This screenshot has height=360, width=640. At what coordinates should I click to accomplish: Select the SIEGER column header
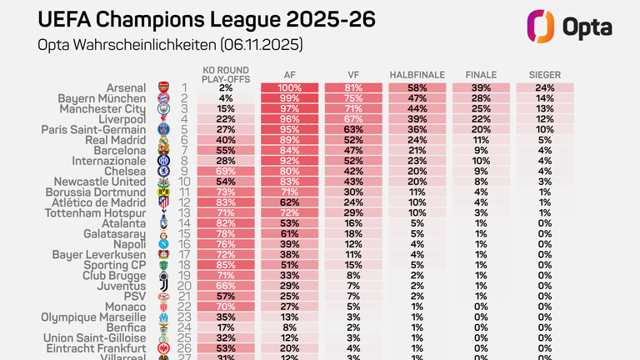[x=544, y=76]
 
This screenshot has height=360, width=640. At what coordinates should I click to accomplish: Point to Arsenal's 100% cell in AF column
[x=289, y=87]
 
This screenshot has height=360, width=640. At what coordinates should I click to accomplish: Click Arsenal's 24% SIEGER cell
[x=544, y=87]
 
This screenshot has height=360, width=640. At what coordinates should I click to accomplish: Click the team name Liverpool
[x=127, y=120]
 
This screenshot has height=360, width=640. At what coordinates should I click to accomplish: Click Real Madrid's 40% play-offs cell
[x=226, y=142]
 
